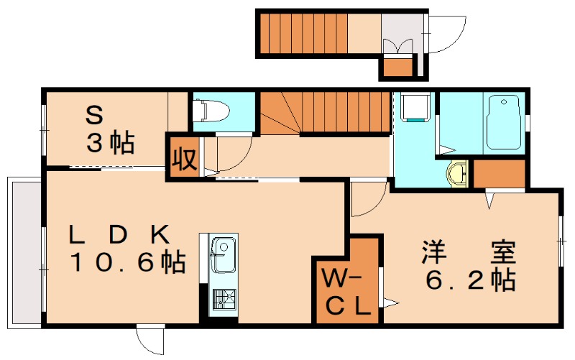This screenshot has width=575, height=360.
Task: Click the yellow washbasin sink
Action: [457, 173]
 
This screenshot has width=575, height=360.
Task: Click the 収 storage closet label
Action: [183, 157]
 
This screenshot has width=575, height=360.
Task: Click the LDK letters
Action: [119, 235]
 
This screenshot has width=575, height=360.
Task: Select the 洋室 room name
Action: [468, 252]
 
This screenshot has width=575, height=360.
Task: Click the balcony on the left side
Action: [24, 251]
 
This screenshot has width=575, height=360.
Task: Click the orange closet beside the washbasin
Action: [500, 173]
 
